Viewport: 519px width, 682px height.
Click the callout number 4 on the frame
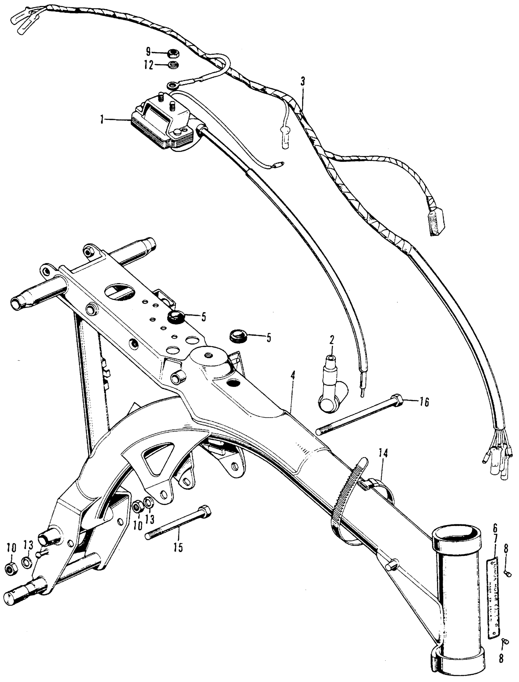[292, 376]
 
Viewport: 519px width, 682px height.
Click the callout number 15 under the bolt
[178, 547]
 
